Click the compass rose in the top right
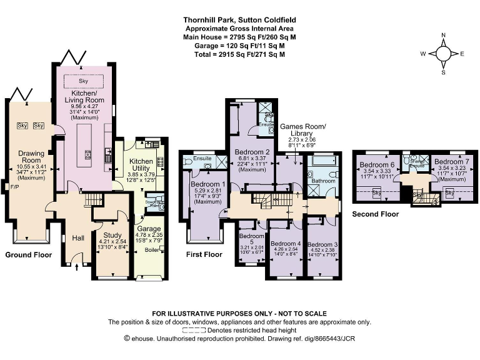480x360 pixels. (442, 53)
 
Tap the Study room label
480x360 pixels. (106, 236)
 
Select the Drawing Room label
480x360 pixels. (30, 157)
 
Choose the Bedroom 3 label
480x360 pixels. (321, 244)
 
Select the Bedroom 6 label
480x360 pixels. (376, 165)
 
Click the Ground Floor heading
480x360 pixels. (28, 255)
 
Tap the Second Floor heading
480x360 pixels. (376, 213)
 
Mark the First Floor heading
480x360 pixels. (204, 255)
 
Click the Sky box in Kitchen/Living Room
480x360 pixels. (84, 81)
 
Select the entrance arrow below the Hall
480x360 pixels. (77, 267)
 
